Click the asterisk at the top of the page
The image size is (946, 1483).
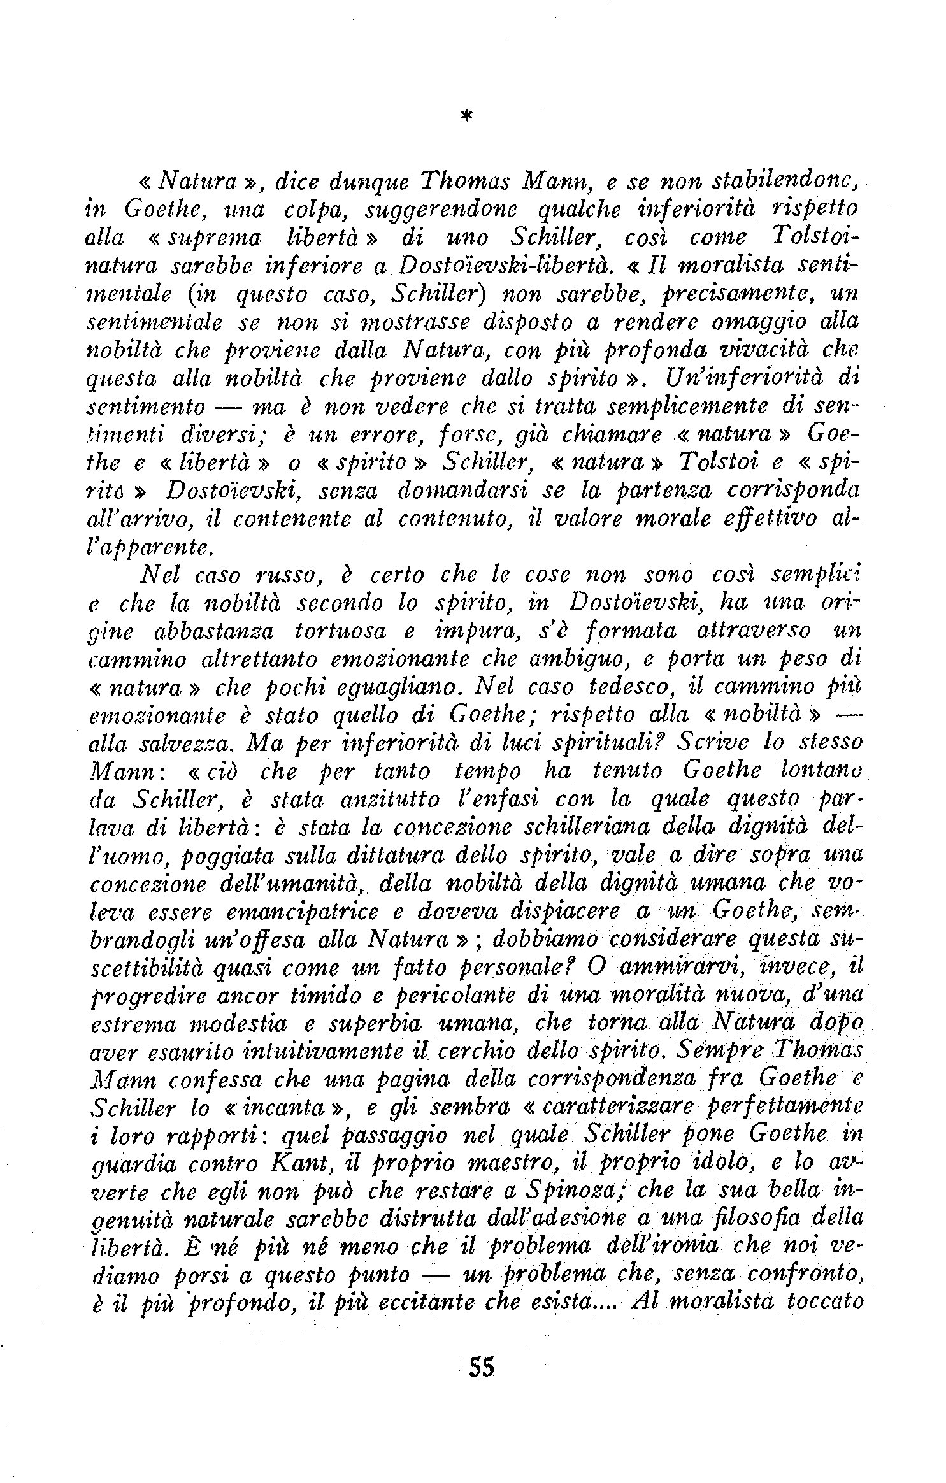[467, 115]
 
